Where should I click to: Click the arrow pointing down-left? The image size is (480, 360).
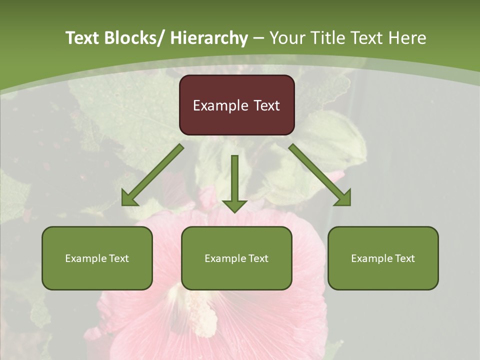tap(152, 175)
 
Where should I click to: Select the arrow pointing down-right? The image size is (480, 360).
tap(320, 175)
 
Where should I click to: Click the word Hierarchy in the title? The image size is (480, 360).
tap(209, 38)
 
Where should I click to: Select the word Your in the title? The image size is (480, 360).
tap(286, 38)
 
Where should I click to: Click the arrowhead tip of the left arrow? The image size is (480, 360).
tap(123, 204)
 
